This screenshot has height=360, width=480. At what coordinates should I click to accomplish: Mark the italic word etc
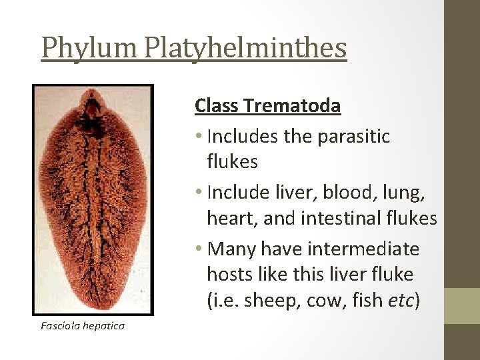click(399, 301)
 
